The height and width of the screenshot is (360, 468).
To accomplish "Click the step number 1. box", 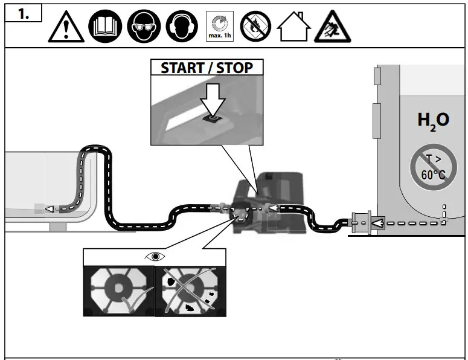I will pos(24,14).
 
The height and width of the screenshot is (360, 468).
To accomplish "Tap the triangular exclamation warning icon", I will pos(66,28).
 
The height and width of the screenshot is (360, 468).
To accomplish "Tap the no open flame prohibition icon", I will pos(255,28).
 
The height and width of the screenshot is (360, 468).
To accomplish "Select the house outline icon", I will pos(293,28).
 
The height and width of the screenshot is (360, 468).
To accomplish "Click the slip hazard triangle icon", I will pos(332,27).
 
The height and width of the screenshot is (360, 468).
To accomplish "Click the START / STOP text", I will pos(207,67).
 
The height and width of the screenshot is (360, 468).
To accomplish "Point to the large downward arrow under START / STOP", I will pos(213,97).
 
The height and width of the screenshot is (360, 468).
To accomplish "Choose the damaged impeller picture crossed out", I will pos(188,291).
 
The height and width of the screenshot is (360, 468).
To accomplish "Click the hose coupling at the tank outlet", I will pos(360,223).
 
